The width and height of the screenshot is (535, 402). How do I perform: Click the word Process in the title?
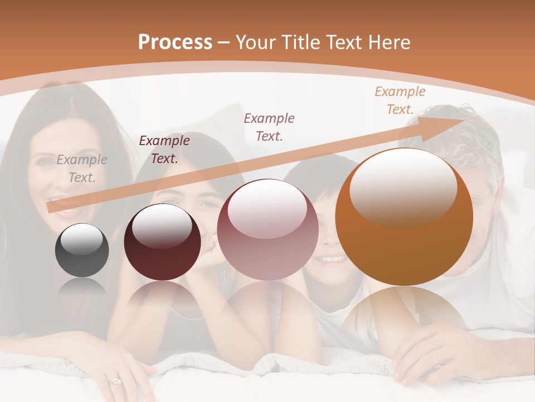coord(175,42)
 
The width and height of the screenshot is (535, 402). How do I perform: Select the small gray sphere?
coord(82,250)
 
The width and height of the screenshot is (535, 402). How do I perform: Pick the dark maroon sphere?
coord(162,242)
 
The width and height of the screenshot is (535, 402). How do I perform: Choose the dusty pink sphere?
coord(267,229)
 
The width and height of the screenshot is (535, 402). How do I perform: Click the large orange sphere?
coord(404,218)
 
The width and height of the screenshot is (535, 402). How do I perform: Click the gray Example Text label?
coord(82,169)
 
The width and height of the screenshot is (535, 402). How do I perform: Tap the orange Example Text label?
coord(400,100)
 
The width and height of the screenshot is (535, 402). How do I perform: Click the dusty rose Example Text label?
coord(269,127)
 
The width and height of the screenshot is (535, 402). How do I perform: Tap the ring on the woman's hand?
coord(115,382)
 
